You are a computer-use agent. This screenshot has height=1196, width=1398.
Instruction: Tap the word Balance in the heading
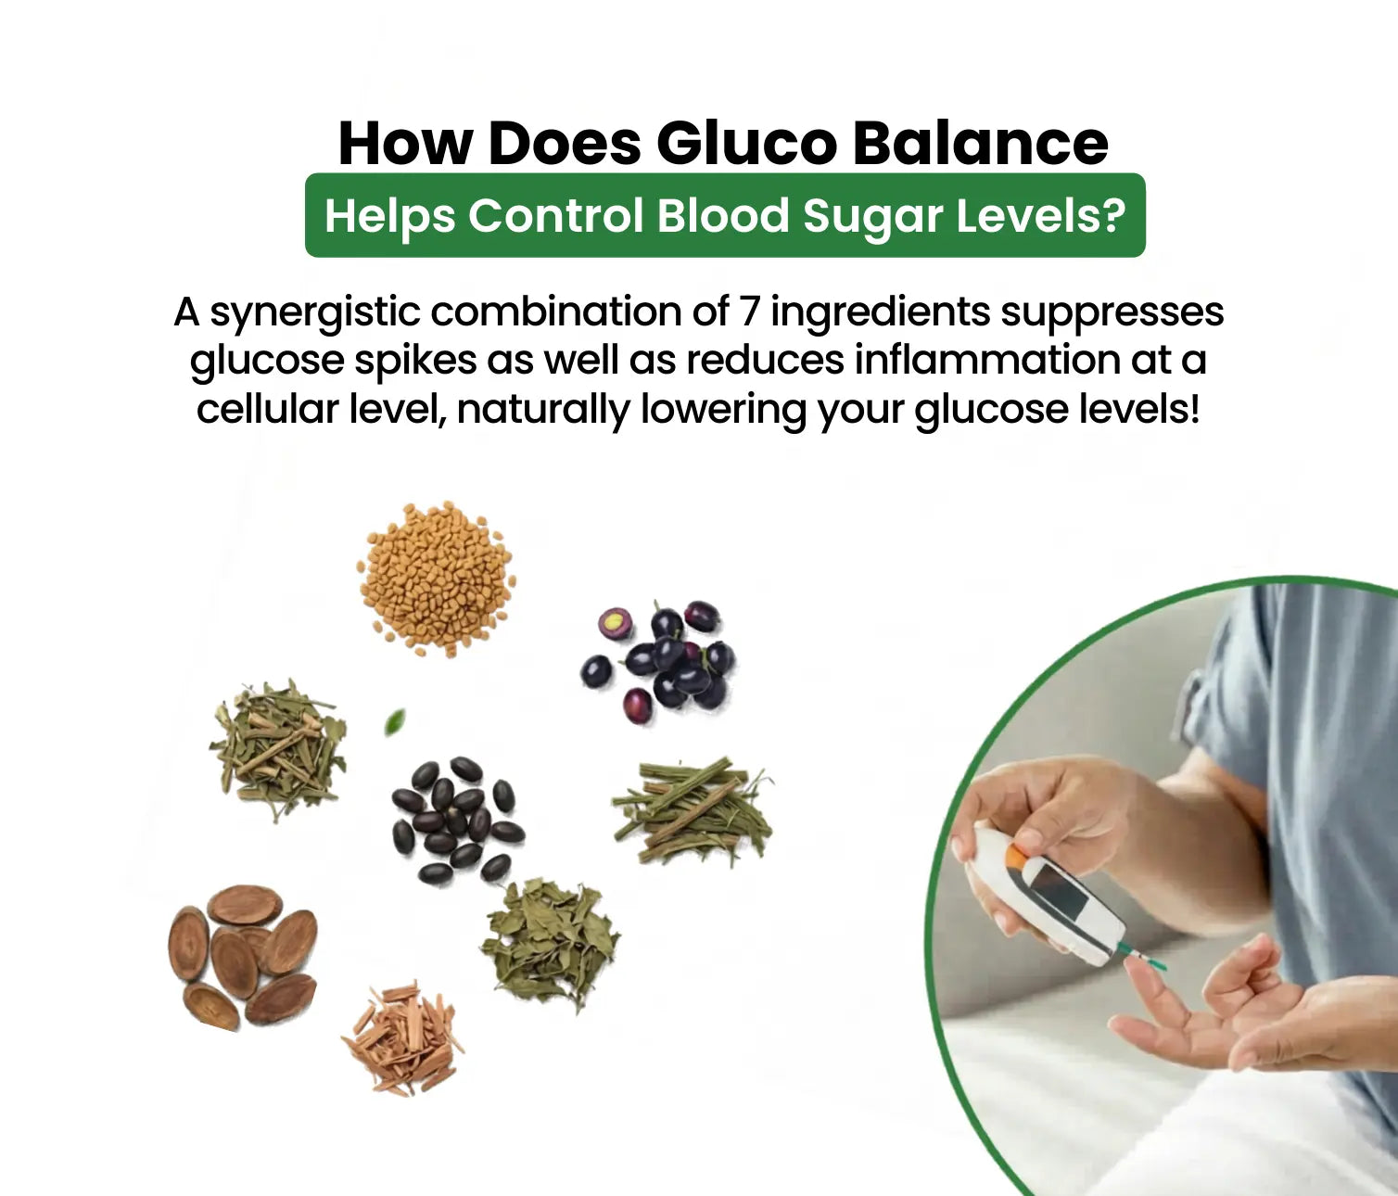pyautogui.click(x=980, y=144)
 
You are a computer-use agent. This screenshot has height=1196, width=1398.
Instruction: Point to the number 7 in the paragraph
pyautogui.click(x=750, y=312)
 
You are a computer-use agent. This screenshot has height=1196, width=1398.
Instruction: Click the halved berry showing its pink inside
pyautogui.click(x=613, y=622)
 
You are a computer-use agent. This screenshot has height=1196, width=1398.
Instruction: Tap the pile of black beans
pyautogui.click(x=454, y=819)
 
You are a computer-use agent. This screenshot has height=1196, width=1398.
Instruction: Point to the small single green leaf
pyautogui.click(x=395, y=721)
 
